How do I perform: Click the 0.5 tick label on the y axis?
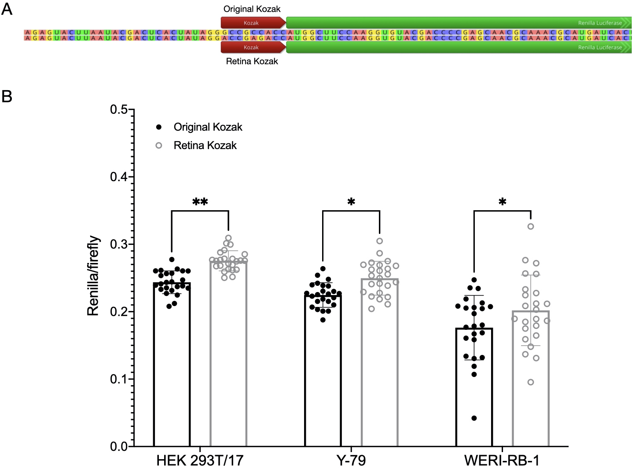(119, 110)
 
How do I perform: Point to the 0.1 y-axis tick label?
(119, 379)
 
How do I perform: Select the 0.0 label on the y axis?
(119, 446)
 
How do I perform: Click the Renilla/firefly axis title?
(93, 276)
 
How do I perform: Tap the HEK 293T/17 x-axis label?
(200, 460)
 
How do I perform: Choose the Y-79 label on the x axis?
(351, 460)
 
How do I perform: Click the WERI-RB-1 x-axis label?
(502, 460)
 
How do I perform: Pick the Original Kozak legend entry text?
(208, 127)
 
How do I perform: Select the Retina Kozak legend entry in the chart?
(205, 146)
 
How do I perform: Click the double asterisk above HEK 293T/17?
(200, 202)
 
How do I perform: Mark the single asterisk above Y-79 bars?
(351, 202)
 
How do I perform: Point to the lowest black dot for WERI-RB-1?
(474, 418)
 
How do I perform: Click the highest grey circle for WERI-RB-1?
(531, 226)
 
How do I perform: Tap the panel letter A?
(7, 9)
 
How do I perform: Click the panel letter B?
(7, 96)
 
